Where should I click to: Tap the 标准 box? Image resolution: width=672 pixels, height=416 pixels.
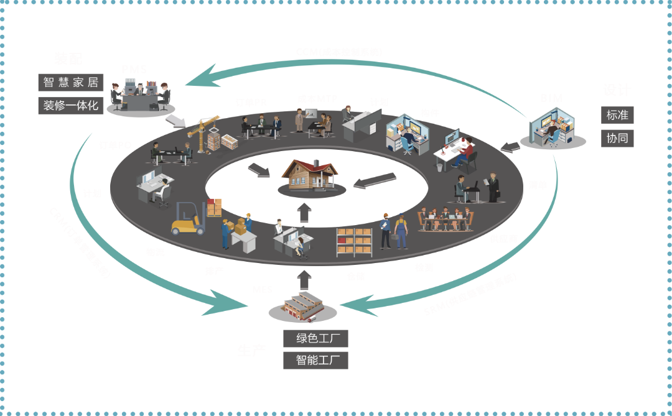[x=617, y=115]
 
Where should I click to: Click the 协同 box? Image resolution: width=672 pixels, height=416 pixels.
[x=617, y=138]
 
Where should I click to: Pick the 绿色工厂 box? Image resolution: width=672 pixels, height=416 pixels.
[x=315, y=338]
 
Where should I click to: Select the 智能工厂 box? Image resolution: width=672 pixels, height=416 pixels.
[x=315, y=360]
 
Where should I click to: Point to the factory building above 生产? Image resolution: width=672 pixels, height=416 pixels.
[x=304, y=307]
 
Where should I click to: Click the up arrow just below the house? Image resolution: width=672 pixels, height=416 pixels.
[x=304, y=212]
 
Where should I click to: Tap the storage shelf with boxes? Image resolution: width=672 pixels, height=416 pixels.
[x=354, y=242]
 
